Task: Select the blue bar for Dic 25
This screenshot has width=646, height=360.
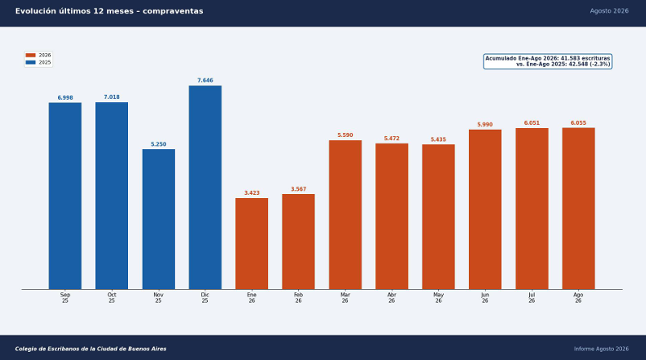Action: (x=205, y=188)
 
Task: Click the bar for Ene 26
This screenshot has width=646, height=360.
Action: (x=252, y=244)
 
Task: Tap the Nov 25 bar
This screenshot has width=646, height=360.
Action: (x=159, y=219)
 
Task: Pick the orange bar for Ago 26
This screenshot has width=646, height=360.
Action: (x=578, y=209)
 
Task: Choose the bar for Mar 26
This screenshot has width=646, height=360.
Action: (x=346, y=214)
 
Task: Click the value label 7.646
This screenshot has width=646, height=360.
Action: (x=205, y=81)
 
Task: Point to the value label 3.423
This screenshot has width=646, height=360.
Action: (x=252, y=192)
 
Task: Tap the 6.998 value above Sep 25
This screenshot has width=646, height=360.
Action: (x=65, y=97)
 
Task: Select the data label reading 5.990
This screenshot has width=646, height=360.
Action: (x=485, y=124)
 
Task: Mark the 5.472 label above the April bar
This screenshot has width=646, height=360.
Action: (x=391, y=139)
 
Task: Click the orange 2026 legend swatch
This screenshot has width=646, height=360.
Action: (x=31, y=56)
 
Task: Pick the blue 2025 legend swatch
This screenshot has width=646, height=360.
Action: (x=31, y=63)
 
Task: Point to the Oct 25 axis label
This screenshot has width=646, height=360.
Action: (x=112, y=298)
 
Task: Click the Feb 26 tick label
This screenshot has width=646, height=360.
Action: (x=298, y=298)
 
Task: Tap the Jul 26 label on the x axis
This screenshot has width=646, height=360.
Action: (x=532, y=298)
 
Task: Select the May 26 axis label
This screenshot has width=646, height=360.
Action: (x=438, y=298)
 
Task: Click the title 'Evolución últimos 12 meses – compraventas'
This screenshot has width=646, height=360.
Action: (x=110, y=11)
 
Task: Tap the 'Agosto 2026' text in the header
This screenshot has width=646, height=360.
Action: (x=609, y=11)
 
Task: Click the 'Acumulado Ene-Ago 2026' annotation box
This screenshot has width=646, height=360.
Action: (x=548, y=61)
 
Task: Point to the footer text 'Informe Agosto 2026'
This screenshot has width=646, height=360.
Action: (x=602, y=349)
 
